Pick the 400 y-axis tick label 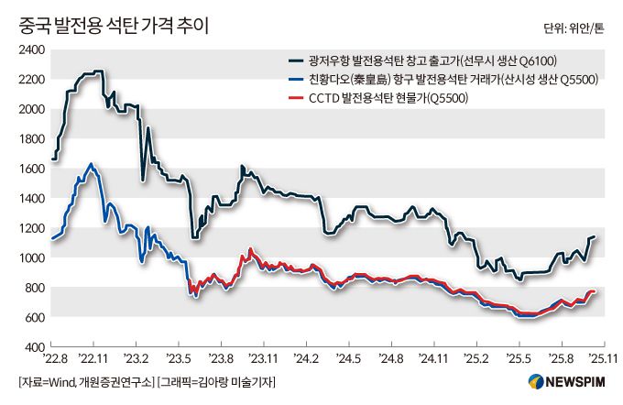coord(35,347)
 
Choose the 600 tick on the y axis coord(35,317)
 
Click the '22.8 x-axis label coord(55,358)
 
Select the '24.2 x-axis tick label coord(305,358)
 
